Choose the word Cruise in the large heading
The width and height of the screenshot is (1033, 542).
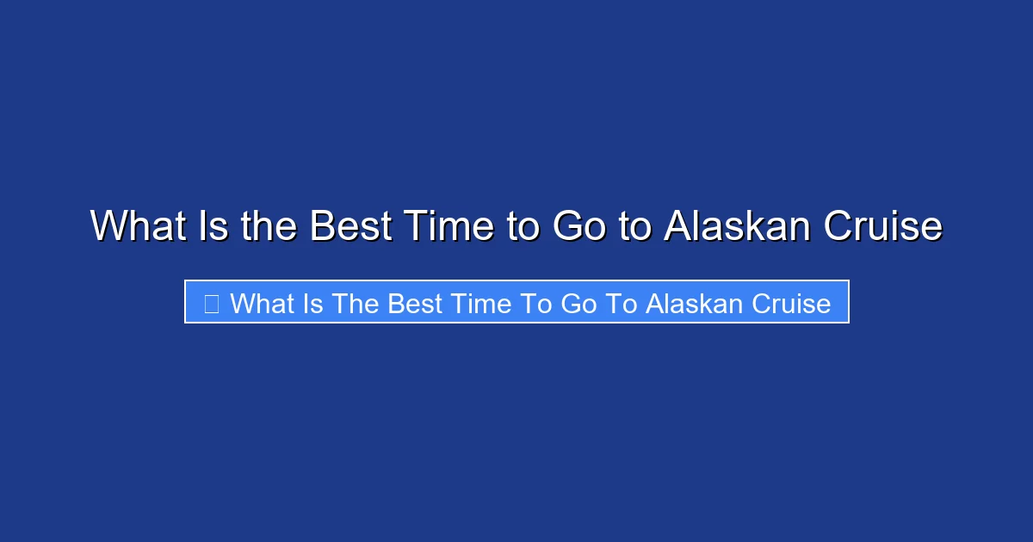click(x=882, y=226)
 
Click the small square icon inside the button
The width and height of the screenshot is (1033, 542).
click(x=212, y=303)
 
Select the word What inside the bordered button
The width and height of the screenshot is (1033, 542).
click(x=262, y=303)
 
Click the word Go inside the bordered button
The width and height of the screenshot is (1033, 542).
click(x=578, y=303)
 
